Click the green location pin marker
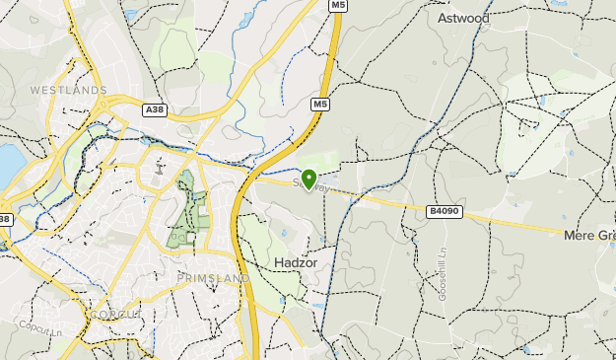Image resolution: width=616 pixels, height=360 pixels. pyautogui.click(x=309, y=180)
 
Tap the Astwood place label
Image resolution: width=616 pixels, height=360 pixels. pyautogui.click(x=463, y=17)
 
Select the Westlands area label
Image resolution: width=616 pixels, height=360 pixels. pyautogui.click(x=68, y=90)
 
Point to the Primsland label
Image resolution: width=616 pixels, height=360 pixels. pyautogui.click(x=213, y=279)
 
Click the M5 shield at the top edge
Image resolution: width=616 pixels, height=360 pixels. pyautogui.click(x=338, y=6)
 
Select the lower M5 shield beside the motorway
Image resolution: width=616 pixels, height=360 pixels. pyautogui.click(x=320, y=104)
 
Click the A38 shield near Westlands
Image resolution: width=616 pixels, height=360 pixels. pyautogui.click(x=154, y=109)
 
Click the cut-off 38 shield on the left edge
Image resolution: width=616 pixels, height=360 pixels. pyautogui.click(x=4, y=219)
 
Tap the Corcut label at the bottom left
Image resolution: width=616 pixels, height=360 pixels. pyautogui.click(x=116, y=314)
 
